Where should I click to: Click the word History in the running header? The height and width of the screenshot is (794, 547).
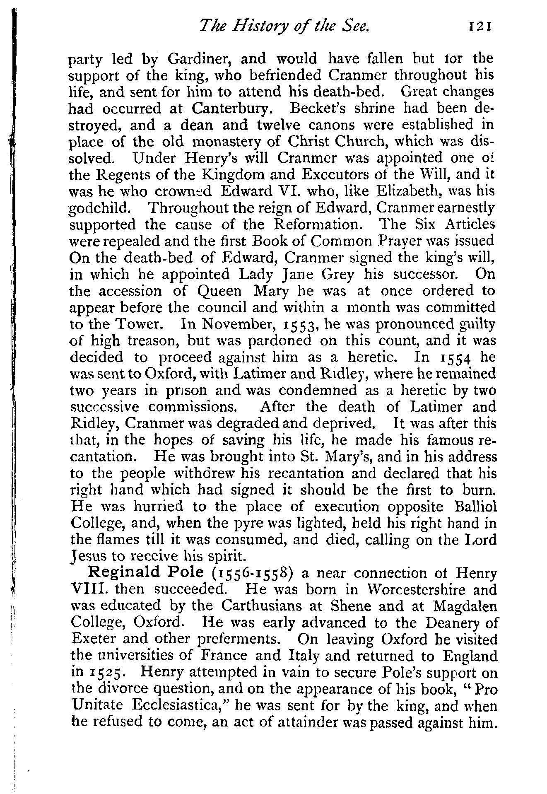[257, 27]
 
